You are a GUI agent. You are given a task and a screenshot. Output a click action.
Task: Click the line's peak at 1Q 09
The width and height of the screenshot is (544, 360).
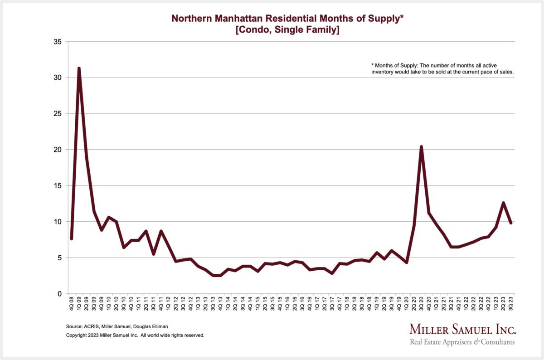click(x=79, y=68)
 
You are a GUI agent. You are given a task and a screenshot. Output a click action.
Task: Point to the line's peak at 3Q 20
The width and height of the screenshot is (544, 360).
click(x=422, y=147)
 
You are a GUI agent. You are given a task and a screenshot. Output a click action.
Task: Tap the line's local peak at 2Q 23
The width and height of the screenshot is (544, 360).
click(x=503, y=203)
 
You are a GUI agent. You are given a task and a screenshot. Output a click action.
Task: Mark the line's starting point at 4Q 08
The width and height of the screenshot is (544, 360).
click(x=72, y=238)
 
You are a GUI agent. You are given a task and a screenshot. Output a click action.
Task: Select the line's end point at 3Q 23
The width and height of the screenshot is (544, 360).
click(x=510, y=223)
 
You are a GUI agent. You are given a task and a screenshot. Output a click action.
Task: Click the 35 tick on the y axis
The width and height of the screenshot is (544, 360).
click(x=58, y=42)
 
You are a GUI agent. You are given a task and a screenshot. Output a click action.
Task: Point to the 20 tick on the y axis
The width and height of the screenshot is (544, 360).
click(x=58, y=150)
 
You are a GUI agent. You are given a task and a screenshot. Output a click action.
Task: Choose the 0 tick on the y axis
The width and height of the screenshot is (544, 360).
click(x=60, y=294)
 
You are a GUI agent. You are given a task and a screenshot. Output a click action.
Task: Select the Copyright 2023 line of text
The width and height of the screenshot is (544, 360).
click(x=135, y=336)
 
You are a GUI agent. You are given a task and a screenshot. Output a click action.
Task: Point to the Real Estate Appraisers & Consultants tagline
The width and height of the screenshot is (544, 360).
click(x=462, y=342)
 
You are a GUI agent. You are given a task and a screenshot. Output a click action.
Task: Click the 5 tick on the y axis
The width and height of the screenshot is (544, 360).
click(x=60, y=258)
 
